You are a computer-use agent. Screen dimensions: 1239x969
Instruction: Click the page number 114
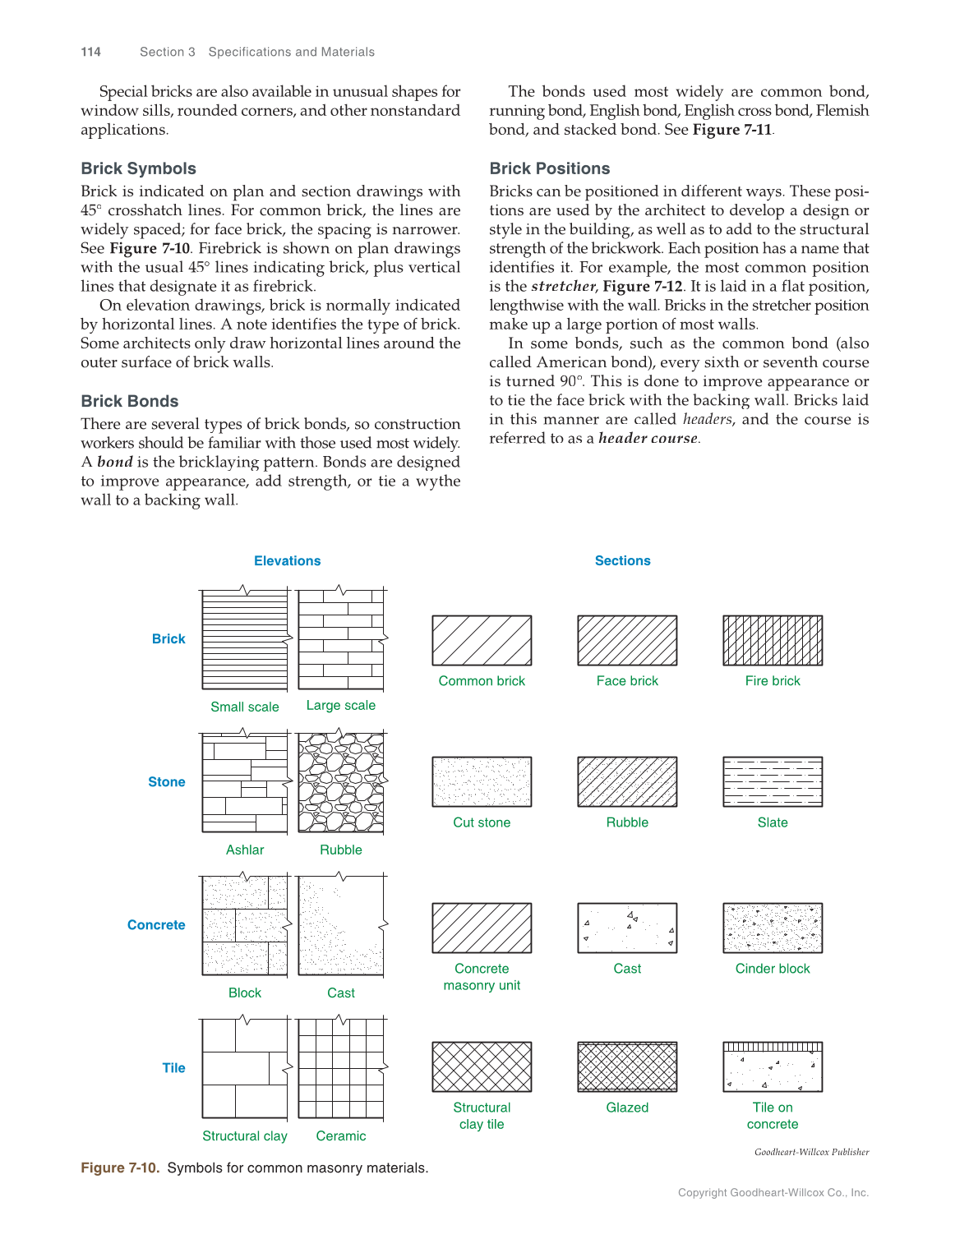pyautogui.click(x=90, y=52)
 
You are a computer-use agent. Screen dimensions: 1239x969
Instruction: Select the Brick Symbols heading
pyautogui.click(x=138, y=168)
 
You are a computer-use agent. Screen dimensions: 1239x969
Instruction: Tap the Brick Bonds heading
pyautogui.click(x=129, y=401)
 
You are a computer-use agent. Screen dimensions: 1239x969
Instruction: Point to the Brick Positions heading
pyautogui.click(x=549, y=168)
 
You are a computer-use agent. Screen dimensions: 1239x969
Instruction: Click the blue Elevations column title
pyautogui.click(x=287, y=560)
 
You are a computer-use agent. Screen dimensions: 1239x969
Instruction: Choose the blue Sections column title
pyautogui.click(x=622, y=560)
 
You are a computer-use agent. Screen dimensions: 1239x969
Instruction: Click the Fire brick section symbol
pyautogui.click(x=772, y=640)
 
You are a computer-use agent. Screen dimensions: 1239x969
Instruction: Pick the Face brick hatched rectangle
pyautogui.click(x=627, y=640)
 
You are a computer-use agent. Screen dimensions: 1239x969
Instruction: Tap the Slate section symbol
pyautogui.click(x=772, y=781)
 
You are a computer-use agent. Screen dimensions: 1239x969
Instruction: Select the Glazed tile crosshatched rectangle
pyautogui.click(x=627, y=1066)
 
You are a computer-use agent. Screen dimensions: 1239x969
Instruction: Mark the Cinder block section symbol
pyautogui.click(x=772, y=928)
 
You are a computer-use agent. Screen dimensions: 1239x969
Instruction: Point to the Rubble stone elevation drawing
pyautogui.click(x=340, y=783)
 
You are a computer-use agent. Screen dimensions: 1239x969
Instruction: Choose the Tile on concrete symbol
pyautogui.click(x=772, y=1066)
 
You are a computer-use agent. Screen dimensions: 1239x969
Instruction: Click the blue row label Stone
pyautogui.click(x=166, y=781)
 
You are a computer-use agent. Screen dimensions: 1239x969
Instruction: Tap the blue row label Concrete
pyautogui.click(x=156, y=924)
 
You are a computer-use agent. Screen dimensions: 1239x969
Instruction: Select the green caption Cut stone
pyautogui.click(x=482, y=822)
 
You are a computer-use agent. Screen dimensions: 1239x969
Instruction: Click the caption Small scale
pyautogui.click(x=244, y=707)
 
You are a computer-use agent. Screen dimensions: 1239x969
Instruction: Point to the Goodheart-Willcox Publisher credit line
pyautogui.click(x=811, y=1152)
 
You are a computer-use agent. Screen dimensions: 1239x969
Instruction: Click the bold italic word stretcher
pyautogui.click(x=563, y=286)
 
